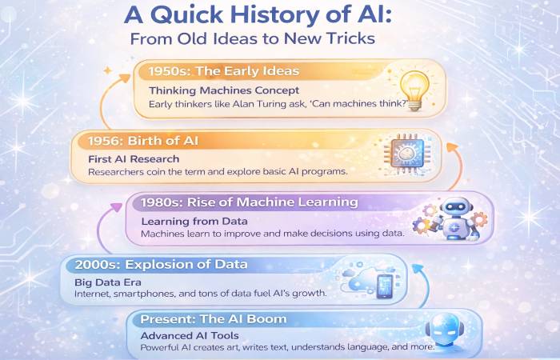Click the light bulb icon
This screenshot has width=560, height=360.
click(x=415, y=87)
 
